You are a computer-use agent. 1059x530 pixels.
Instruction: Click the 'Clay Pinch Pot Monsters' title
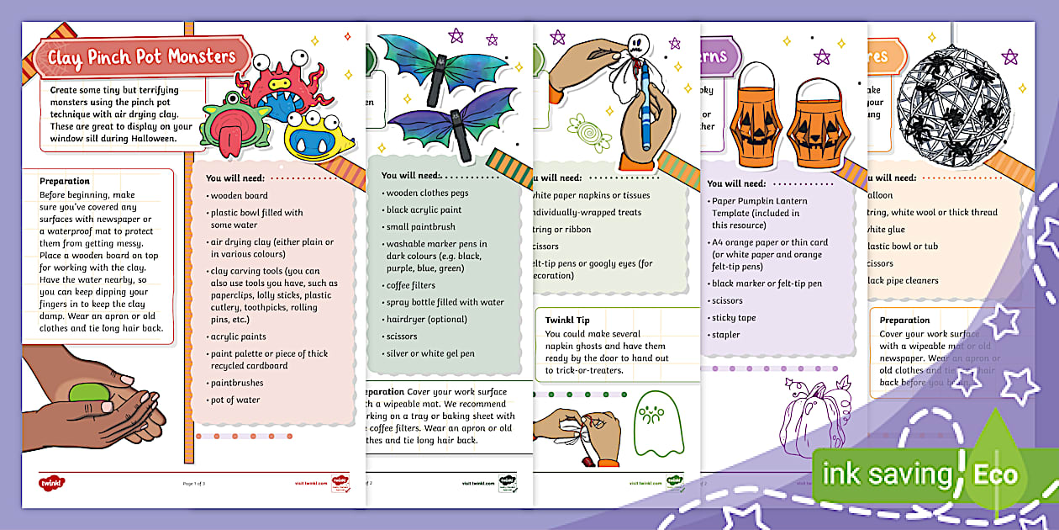[141, 57]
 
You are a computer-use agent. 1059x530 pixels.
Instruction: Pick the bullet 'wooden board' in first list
[239, 196]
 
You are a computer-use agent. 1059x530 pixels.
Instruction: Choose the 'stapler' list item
[725, 335]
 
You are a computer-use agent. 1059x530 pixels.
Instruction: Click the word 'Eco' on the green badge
[995, 474]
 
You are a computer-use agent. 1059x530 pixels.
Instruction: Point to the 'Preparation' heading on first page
[64, 180]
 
